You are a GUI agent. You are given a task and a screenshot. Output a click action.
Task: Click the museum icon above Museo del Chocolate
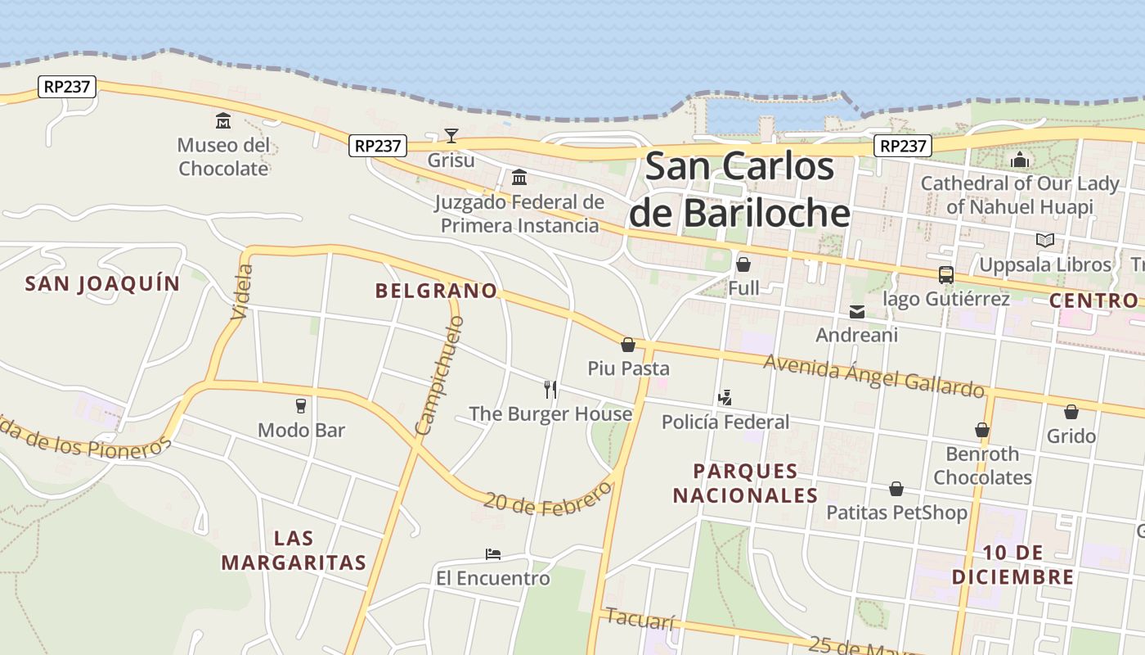point(222,121)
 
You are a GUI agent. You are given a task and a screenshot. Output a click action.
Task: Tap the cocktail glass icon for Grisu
point(451,135)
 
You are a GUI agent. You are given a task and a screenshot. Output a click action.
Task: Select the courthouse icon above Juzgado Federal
point(519,177)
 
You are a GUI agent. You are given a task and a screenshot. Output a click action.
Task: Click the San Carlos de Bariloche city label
point(739,189)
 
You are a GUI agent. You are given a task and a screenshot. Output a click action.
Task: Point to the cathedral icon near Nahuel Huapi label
point(1019,160)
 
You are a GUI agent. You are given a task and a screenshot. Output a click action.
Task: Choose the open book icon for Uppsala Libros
point(1044,240)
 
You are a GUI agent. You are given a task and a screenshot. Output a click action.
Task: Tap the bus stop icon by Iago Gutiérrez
point(945,275)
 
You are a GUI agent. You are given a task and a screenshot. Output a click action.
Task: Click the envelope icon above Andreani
point(856,311)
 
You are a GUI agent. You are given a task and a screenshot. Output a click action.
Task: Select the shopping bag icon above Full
point(743,264)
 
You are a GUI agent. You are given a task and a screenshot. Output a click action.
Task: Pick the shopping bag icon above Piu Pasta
point(628,345)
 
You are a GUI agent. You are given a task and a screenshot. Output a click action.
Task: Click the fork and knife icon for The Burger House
point(550,390)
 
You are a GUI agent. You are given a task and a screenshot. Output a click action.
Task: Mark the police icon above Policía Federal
point(725,399)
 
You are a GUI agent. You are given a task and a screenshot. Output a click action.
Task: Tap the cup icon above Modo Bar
point(301,405)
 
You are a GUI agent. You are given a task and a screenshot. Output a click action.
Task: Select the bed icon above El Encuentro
point(492,554)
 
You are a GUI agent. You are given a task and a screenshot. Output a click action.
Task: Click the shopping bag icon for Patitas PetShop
point(896,489)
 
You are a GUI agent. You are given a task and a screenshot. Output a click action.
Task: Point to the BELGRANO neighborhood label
point(436,291)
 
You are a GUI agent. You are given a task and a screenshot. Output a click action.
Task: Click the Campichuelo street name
point(439,376)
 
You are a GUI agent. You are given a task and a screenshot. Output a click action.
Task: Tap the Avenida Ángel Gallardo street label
point(873,375)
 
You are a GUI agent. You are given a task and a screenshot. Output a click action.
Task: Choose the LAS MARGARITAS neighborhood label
point(294,550)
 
